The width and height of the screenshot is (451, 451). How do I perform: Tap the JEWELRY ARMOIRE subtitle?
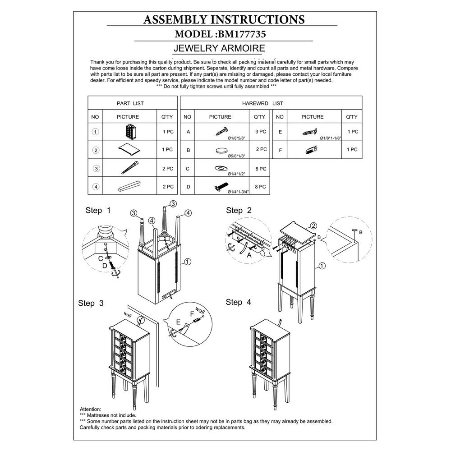219,48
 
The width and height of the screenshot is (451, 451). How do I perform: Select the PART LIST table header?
130,103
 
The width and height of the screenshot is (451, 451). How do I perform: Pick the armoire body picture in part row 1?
130,132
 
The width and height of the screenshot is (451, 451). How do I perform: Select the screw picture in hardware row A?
220,131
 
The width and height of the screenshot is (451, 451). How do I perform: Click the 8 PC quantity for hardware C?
259,169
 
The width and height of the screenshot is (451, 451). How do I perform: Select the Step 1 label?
98,211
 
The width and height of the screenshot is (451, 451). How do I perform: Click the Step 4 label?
239,302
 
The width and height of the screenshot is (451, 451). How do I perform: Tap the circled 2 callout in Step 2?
314,225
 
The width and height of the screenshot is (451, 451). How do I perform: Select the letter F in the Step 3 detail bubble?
193,313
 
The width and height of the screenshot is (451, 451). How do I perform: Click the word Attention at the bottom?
90,409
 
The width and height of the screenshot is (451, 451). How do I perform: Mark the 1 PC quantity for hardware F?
351,149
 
